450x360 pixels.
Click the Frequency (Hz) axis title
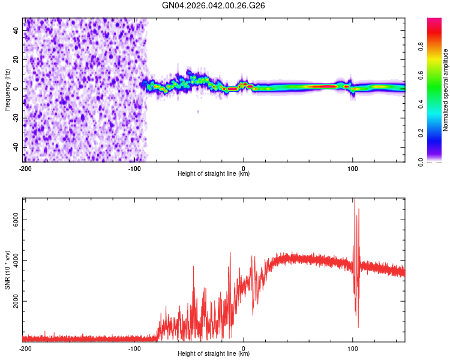pos(7,90)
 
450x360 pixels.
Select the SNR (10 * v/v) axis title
pos(7,269)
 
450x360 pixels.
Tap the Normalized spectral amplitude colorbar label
pos(445,90)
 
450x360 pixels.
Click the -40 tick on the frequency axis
pos(16,147)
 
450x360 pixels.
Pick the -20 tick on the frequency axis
pos(16,118)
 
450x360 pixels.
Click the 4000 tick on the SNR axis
pos(16,260)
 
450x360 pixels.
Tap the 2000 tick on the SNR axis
pos(16,301)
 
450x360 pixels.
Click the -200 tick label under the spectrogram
pos(25,169)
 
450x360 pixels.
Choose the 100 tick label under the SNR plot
pos(353,348)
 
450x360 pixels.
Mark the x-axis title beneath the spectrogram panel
pos(214,174)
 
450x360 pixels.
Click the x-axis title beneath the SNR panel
pos(214,353)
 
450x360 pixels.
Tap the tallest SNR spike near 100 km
pos(354,200)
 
